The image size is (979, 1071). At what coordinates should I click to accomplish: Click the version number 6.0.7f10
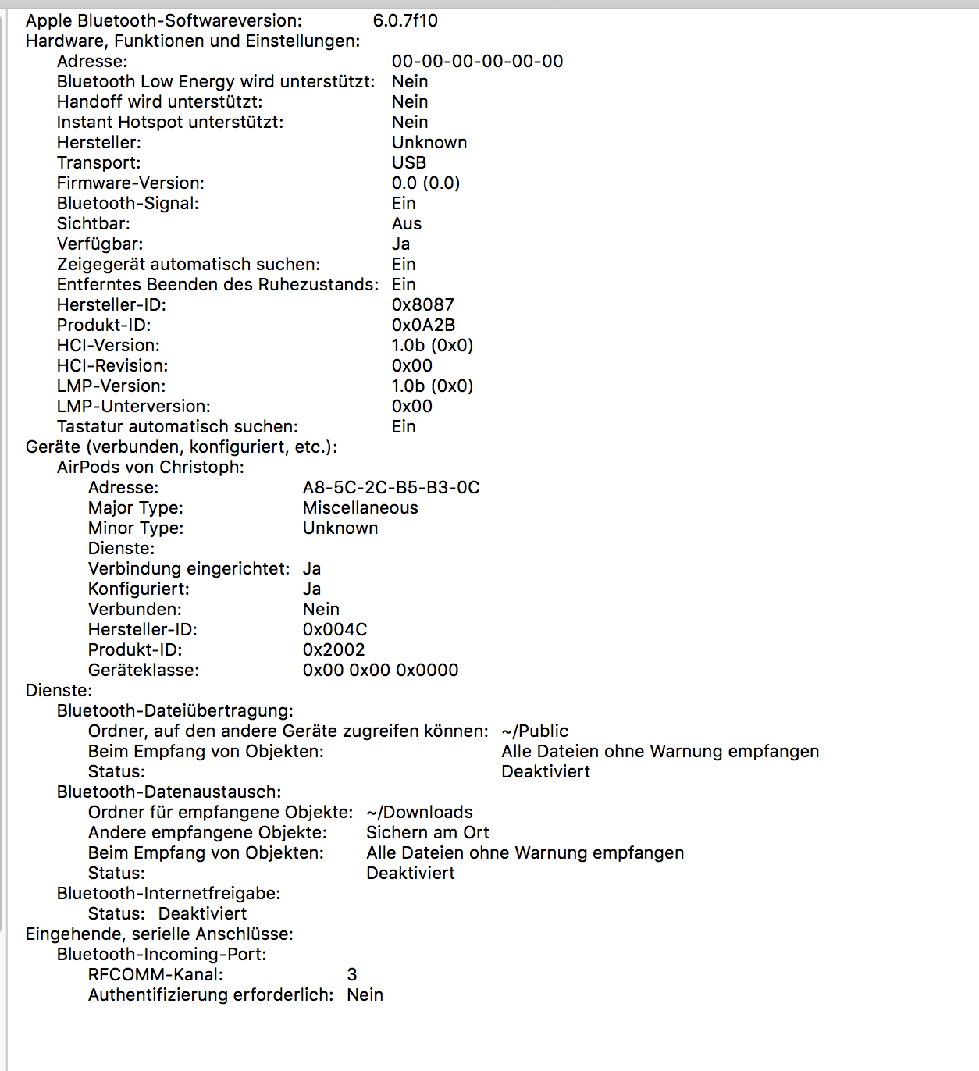coord(405,21)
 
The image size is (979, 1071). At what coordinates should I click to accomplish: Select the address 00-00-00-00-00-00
coord(477,62)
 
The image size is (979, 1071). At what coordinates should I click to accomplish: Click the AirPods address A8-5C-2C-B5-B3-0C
coord(391,488)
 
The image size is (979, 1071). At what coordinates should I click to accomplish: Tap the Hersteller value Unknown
coord(429,143)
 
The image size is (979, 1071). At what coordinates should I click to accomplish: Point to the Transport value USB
coord(409,163)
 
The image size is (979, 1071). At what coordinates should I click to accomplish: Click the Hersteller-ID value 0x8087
coord(422,305)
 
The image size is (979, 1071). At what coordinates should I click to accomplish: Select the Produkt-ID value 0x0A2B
coord(423,326)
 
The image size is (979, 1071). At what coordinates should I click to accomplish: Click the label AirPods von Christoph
coord(150,468)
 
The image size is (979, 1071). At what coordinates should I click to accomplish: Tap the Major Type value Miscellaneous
coord(360,508)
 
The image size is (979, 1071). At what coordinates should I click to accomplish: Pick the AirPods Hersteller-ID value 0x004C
coord(334,630)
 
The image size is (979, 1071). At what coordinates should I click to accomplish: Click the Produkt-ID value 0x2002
coord(333,650)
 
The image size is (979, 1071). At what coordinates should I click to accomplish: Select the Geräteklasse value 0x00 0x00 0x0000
coord(380,671)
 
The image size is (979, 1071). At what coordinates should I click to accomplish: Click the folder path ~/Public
coord(535,731)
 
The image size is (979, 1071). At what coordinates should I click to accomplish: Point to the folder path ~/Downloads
coord(419,813)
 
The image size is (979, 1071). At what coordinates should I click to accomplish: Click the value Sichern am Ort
coord(427,833)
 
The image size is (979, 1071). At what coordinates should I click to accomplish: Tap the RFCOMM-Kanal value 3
coord(352,975)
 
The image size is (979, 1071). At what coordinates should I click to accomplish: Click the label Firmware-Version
coord(130,183)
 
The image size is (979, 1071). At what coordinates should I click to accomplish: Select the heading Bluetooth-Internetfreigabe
coord(168,894)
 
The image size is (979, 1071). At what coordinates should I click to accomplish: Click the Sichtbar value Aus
coord(407,224)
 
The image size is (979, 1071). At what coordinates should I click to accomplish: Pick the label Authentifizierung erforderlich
coord(210,995)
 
